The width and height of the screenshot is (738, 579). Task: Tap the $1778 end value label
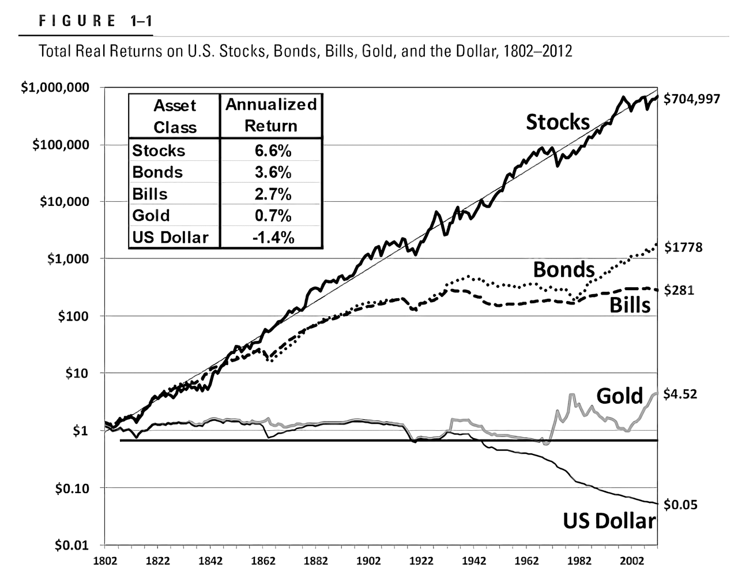click(683, 247)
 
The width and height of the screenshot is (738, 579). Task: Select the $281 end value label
click(679, 290)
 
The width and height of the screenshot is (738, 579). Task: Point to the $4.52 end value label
click(681, 394)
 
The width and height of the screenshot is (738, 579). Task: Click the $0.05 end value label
click(681, 505)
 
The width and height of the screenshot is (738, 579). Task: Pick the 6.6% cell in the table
click(273, 151)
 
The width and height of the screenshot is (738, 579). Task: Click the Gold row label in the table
click(151, 216)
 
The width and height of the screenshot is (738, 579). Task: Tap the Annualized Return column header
click(271, 115)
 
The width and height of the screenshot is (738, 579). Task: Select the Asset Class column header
click(175, 116)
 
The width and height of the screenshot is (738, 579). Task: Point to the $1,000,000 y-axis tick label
click(55, 88)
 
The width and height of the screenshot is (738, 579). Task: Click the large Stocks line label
click(558, 122)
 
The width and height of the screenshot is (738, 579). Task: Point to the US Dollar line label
click(609, 521)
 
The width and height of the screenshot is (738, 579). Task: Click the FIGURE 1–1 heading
click(96, 21)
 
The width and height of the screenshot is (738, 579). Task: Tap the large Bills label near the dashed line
click(630, 304)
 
